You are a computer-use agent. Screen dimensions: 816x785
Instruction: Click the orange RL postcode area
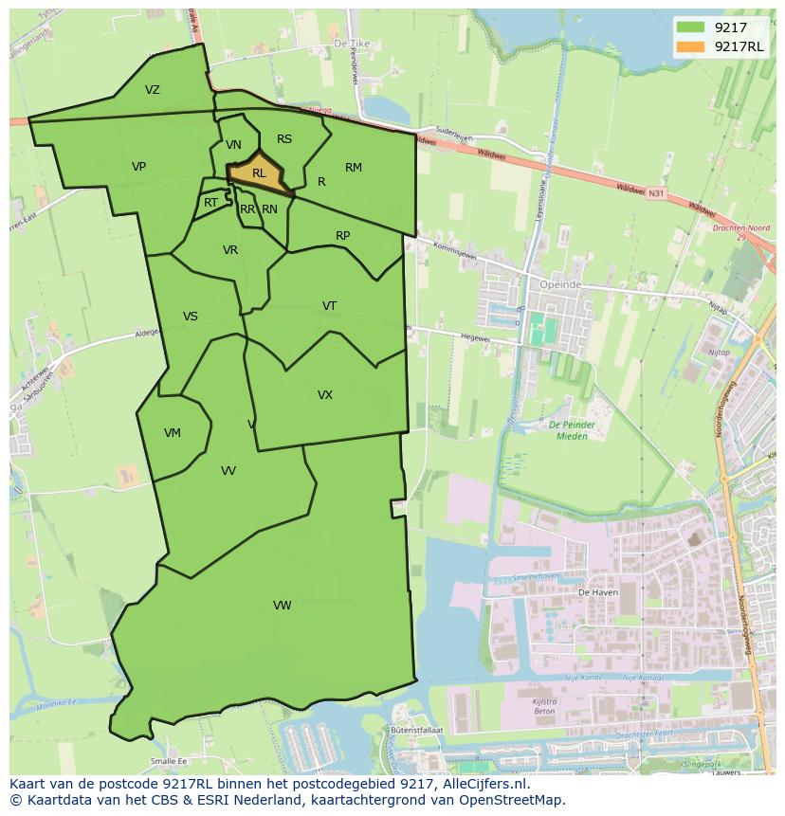pos(257,174)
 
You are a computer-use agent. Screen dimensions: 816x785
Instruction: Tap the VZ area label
pos(153,90)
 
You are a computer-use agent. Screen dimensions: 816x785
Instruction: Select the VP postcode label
pos(139,167)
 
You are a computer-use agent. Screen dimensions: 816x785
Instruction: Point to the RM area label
pos(354,168)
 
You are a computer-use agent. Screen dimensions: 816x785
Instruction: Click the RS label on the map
pos(284,139)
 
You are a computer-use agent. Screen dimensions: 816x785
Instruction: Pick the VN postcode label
pos(233,145)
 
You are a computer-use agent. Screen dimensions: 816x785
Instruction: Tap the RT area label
pos(210,203)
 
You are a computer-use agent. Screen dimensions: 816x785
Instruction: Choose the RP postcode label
pos(343,236)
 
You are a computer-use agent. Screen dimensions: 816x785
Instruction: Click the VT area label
pos(329,305)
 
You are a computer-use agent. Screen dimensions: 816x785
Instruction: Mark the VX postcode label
pos(325,395)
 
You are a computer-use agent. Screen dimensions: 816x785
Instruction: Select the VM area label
pos(172,433)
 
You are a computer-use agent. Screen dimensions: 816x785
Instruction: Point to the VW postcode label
pos(283,606)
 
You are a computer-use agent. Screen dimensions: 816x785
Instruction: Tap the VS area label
pos(191,317)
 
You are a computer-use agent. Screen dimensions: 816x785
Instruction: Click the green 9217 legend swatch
pos(691,27)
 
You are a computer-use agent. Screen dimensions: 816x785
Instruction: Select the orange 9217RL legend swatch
pos(691,46)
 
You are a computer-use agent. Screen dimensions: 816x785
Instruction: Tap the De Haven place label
pos(597,590)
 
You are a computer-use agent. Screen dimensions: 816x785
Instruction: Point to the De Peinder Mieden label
pos(570,430)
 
